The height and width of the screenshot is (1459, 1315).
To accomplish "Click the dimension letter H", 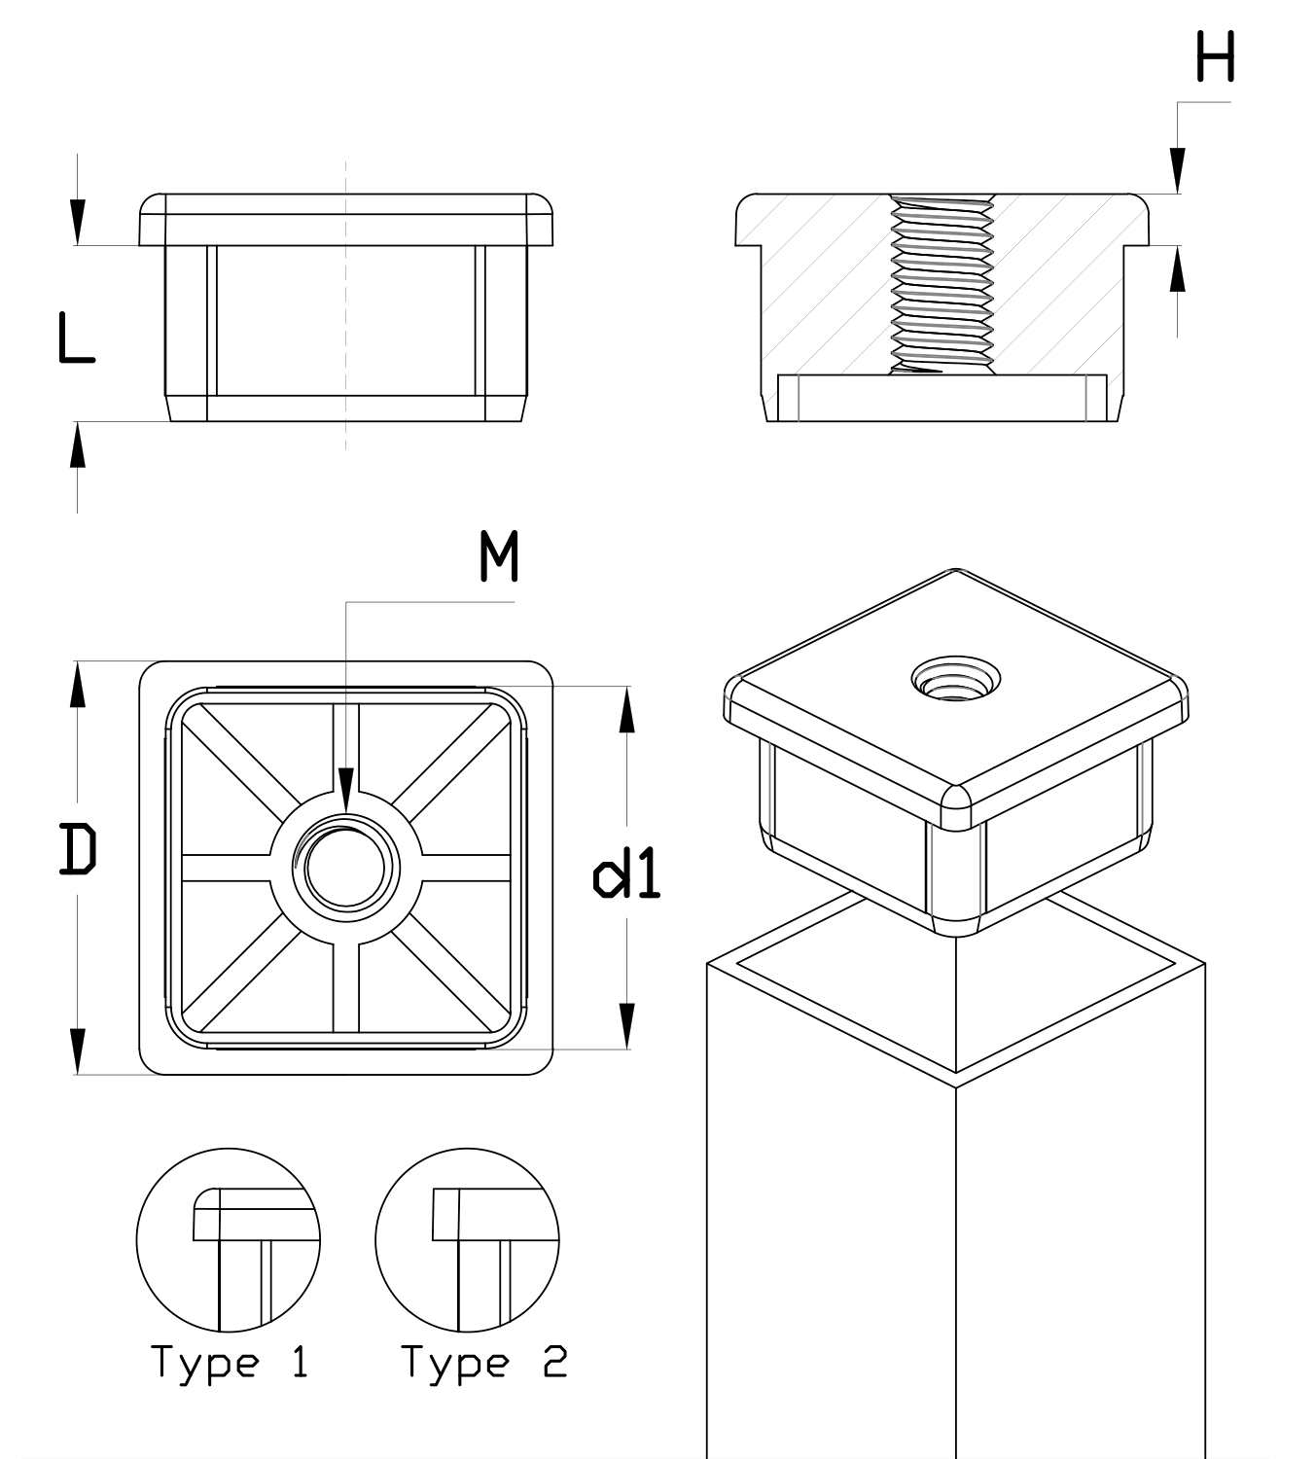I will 1215,57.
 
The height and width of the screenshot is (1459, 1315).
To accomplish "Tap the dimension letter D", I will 78,847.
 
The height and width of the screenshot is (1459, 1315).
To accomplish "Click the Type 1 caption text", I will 230,1363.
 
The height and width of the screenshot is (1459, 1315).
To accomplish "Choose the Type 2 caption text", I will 483,1363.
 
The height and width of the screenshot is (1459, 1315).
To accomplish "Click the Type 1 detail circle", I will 228,1240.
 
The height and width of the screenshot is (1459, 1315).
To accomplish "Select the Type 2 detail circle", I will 467,1240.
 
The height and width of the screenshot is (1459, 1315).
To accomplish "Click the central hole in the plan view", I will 346,867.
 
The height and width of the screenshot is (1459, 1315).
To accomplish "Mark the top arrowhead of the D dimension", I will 78,681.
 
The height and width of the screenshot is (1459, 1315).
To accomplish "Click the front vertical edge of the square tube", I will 956,1264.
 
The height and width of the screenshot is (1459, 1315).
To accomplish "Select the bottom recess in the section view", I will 942,399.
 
